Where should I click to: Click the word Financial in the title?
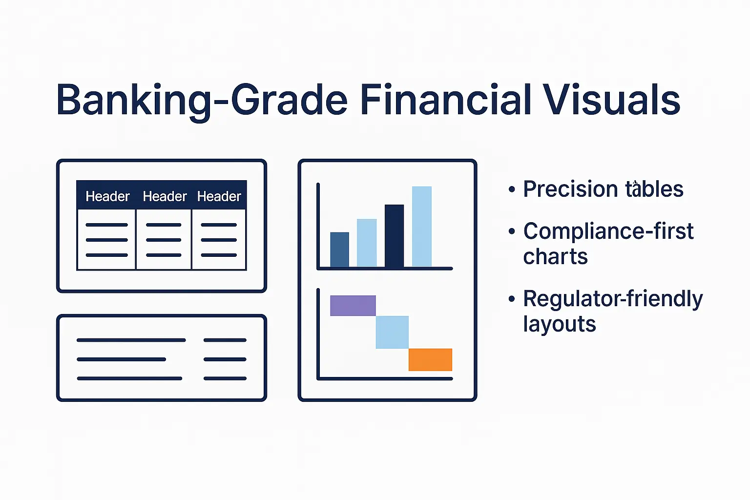445,100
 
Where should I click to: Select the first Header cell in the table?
107,196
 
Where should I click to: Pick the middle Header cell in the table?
165,196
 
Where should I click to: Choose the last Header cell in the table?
219,196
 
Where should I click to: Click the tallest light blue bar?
422,227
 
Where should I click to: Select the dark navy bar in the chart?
394,236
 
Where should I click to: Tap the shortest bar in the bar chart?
339,250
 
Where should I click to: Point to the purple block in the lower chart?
353,306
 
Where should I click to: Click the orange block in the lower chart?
430,360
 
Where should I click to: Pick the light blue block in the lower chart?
392,332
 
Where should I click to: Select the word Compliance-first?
608,231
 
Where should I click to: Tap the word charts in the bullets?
555,257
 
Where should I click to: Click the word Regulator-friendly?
613,299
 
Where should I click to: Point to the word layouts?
560,324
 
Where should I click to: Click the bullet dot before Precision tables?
511,189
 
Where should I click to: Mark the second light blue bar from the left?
367,243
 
